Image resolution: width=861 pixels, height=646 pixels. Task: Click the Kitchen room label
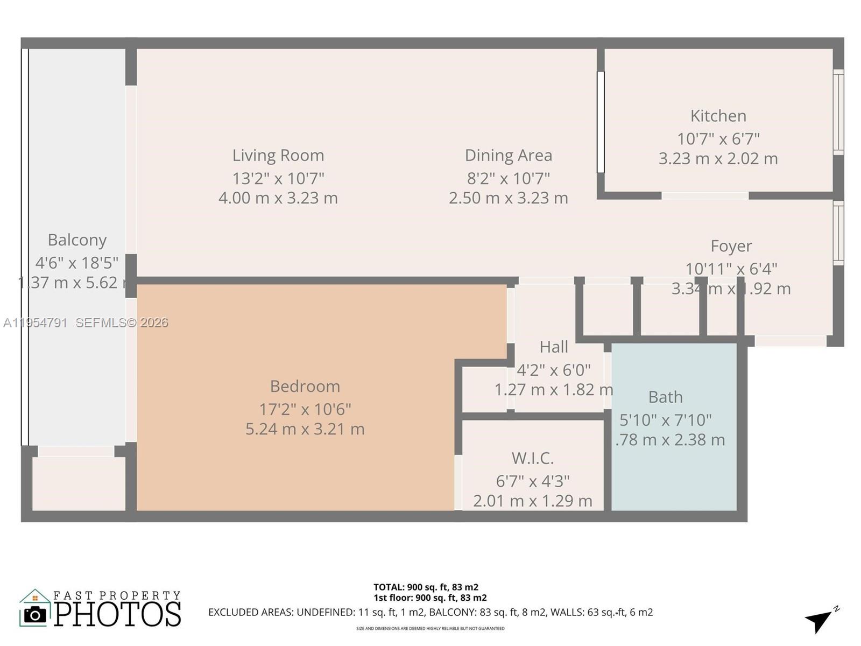pos(718,116)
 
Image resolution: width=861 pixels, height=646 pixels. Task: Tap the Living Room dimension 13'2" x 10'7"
pos(278,178)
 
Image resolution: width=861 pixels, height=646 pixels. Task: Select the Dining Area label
pos(508,155)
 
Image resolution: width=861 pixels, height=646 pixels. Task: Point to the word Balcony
pos(77,240)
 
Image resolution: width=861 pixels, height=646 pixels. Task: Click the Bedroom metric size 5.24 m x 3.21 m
pos(305,429)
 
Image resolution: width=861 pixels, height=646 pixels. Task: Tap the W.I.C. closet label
pos(532,458)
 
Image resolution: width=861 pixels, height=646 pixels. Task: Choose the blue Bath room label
pos(665,397)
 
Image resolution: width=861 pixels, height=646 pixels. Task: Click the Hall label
pos(554,347)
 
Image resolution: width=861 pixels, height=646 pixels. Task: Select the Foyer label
pos(731,245)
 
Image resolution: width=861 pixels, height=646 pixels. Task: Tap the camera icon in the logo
pos(36,614)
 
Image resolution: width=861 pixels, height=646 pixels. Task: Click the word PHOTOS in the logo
pos(118,614)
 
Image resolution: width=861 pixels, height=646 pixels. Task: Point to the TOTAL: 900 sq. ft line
pos(426,587)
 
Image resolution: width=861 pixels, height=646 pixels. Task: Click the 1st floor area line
pos(430,598)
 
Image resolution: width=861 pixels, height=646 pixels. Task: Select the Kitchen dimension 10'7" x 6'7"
pos(718,139)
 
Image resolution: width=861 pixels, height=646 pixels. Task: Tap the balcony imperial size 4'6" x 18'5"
pos(77,263)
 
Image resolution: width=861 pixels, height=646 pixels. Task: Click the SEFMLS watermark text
pos(122,322)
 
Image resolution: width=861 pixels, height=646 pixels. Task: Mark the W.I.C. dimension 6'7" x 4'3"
pos(532,481)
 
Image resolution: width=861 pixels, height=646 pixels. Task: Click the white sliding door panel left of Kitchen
pos(601,122)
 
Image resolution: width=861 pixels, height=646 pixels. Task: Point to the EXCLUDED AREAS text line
pos(430,612)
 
